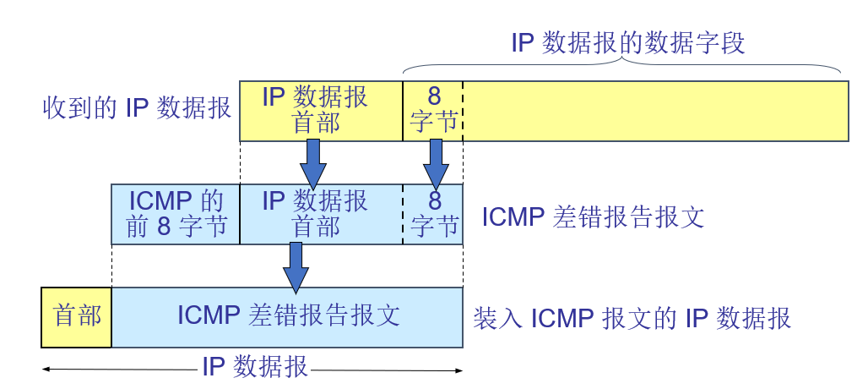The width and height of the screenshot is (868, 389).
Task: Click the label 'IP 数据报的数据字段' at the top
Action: click(x=628, y=43)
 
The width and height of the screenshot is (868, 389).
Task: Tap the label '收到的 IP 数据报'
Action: click(x=137, y=108)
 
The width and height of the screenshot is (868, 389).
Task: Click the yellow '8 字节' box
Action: click(x=433, y=110)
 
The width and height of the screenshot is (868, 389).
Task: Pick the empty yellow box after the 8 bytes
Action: click(x=655, y=110)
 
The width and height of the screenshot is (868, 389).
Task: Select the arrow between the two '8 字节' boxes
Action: click(x=436, y=163)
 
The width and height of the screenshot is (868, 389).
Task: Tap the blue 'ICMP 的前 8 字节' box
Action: click(x=176, y=214)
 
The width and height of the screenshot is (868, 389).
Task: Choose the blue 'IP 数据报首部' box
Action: click(x=321, y=214)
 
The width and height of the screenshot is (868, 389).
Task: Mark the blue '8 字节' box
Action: click(x=433, y=214)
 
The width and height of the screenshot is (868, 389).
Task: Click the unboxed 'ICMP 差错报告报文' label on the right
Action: click(x=593, y=217)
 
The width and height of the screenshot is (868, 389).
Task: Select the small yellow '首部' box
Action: click(x=76, y=316)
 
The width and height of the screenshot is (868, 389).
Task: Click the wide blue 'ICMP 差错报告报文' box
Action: click(x=287, y=316)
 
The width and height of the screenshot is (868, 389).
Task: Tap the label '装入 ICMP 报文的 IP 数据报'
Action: click(x=632, y=318)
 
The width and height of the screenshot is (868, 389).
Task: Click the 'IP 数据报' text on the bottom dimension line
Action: click(x=254, y=367)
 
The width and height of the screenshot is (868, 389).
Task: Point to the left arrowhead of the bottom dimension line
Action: click(x=46, y=370)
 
